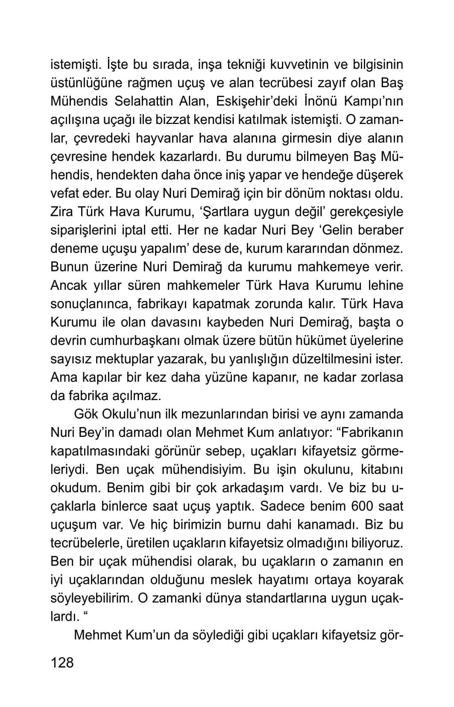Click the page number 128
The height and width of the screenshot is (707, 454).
(x=62, y=663)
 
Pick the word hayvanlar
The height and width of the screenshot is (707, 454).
(x=164, y=138)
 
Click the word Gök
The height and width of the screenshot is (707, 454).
(x=87, y=414)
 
